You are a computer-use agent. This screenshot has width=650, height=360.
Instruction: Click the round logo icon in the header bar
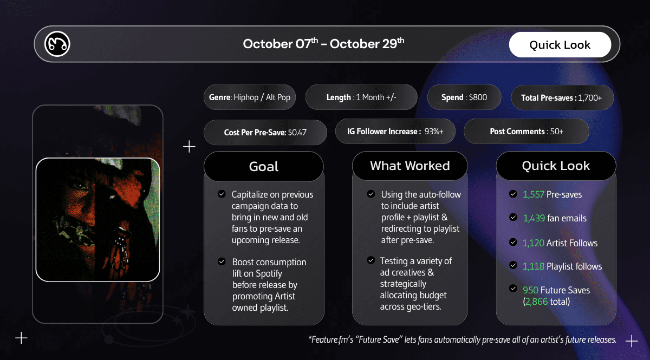tap(57, 44)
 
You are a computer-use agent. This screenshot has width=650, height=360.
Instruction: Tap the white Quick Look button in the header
tap(560, 45)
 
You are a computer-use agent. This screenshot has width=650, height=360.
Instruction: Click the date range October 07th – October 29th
tap(323, 44)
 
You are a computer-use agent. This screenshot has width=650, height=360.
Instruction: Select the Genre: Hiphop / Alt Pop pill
tap(250, 97)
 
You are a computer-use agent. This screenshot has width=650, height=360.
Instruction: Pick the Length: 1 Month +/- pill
tap(361, 97)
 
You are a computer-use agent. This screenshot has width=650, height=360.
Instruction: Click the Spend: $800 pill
tap(464, 97)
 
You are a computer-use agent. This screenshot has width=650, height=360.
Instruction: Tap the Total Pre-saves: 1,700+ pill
tap(562, 98)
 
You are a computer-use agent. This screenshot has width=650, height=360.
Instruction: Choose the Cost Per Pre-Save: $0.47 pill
tap(265, 132)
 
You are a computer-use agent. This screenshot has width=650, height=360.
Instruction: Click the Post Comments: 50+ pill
tap(526, 131)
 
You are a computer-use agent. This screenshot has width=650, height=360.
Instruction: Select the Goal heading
tap(264, 166)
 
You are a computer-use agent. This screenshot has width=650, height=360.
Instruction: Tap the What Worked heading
tap(409, 166)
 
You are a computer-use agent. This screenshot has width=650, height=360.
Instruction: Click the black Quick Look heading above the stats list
tap(556, 166)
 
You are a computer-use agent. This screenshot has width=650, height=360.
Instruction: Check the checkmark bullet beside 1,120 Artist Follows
tap(513, 242)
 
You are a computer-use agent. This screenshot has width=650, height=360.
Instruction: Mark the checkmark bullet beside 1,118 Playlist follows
tap(513, 265)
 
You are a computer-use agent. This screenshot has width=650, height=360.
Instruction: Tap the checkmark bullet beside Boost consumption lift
tap(222, 261)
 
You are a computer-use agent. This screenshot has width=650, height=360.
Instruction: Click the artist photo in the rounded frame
tap(98, 219)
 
